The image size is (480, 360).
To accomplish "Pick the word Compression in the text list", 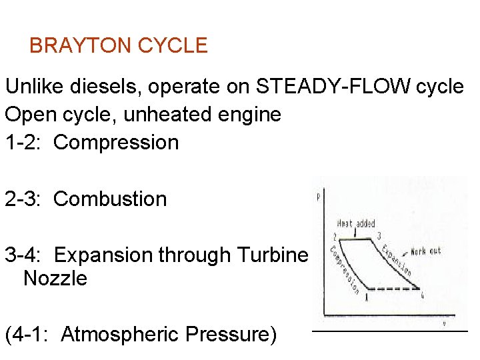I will (116, 143).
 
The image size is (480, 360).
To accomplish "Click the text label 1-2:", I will (25, 143).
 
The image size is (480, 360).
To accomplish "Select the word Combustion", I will (110, 199).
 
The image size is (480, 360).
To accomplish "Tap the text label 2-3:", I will (25, 199).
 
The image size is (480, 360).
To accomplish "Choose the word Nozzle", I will (55, 279).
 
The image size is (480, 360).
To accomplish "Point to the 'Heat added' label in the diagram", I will (357, 224).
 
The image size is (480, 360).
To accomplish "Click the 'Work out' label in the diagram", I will (425, 251).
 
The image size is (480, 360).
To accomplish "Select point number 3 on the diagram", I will (379, 235).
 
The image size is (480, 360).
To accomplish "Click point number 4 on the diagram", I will (422, 296).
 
